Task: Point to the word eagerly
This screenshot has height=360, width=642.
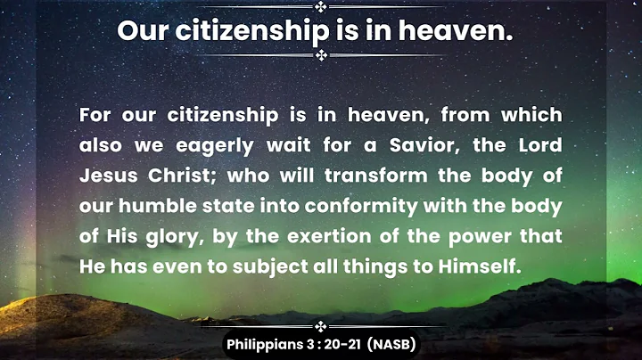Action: pos(200,145)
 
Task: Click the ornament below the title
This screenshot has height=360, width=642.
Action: pos(321,55)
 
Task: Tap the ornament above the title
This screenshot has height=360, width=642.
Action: pos(321,7)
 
